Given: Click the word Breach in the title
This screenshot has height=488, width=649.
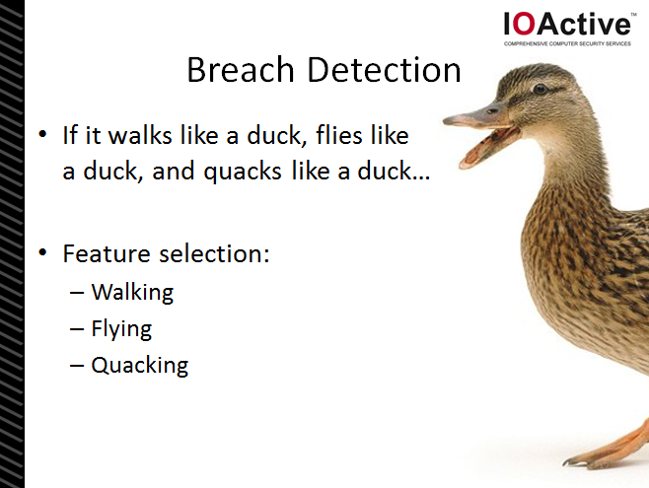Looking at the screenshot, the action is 241,69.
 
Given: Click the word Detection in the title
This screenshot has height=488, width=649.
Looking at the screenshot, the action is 384,69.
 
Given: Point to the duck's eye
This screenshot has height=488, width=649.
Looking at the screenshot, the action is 540,89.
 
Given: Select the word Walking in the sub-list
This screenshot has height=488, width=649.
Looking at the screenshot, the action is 132,293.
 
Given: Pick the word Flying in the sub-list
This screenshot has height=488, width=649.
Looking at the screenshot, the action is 121,329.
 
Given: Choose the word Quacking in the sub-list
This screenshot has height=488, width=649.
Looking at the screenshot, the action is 140,366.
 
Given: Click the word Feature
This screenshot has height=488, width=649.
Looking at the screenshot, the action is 107,253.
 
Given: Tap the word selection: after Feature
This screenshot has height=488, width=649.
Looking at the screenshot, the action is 214,253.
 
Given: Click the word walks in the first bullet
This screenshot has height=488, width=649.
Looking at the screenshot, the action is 140,135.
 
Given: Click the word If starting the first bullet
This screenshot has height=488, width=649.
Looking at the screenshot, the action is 70,135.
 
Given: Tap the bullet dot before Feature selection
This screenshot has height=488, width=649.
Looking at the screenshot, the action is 42,252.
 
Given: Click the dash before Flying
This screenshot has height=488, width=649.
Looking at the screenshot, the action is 77,329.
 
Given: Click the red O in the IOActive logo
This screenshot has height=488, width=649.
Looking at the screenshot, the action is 525,24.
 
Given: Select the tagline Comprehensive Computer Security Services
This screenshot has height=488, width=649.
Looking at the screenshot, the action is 567,43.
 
